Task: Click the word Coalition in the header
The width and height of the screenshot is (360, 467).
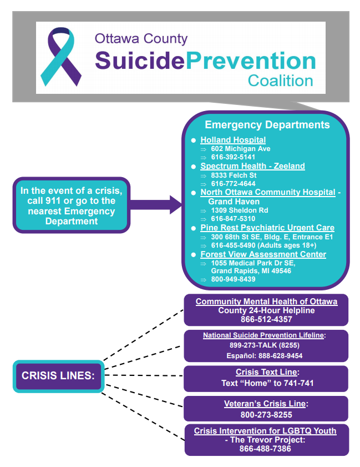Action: [280, 81]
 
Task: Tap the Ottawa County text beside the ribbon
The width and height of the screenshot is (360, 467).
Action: [141, 39]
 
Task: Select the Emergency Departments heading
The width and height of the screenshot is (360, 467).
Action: [267, 125]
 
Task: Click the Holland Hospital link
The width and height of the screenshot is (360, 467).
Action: [233, 140]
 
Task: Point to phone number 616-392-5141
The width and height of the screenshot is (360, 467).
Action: [233, 157]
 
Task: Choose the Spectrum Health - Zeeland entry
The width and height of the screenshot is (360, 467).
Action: [252, 166]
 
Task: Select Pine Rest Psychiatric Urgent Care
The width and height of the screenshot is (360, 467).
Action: [267, 228]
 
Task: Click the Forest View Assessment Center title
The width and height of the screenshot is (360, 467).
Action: [263, 254]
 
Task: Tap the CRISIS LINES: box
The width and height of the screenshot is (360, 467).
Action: [58, 376]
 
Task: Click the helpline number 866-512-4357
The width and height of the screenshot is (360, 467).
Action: [266, 319]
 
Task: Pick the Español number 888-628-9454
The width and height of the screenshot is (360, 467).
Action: [266, 355]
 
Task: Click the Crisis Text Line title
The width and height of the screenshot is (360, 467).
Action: [267, 372]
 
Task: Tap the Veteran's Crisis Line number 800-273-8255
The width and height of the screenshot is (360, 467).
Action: [266, 414]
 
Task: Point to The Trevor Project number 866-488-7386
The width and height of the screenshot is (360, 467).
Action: [266, 448]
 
